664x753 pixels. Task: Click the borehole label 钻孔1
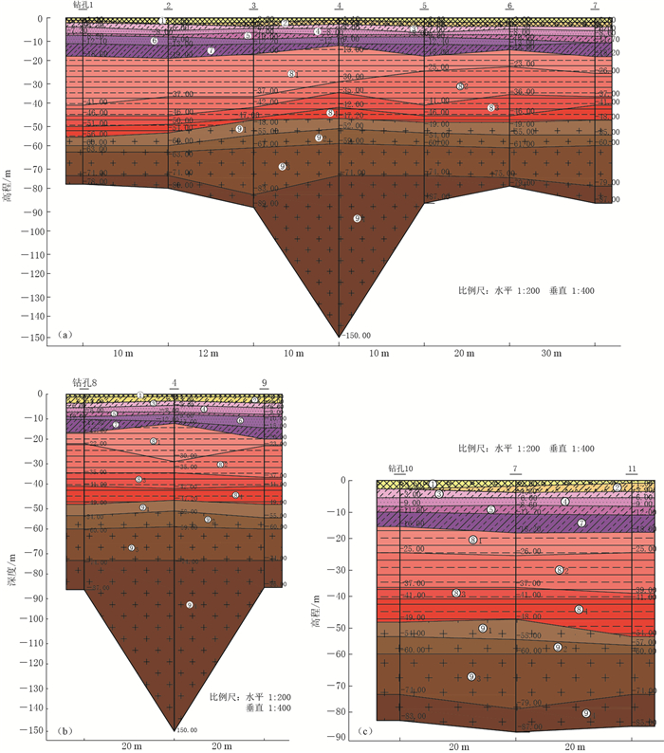[83, 6]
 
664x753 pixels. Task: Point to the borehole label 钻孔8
[84, 383]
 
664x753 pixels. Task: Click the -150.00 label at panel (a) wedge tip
[357, 335]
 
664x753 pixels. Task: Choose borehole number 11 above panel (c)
[632, 468]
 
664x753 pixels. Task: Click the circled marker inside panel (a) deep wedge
[357, 218]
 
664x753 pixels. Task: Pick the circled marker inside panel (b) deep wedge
[190, 604]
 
